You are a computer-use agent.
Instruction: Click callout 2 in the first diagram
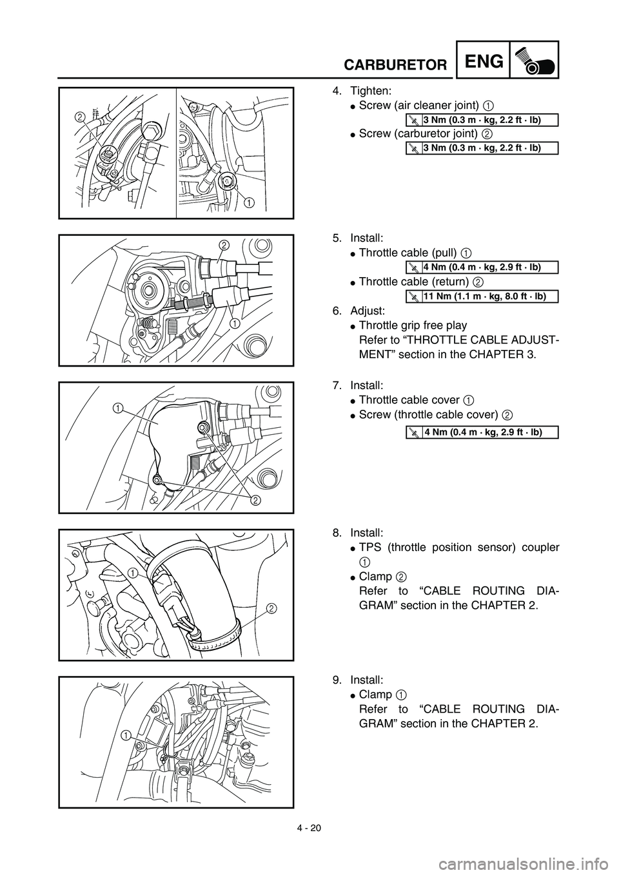(x=79, y=117)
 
